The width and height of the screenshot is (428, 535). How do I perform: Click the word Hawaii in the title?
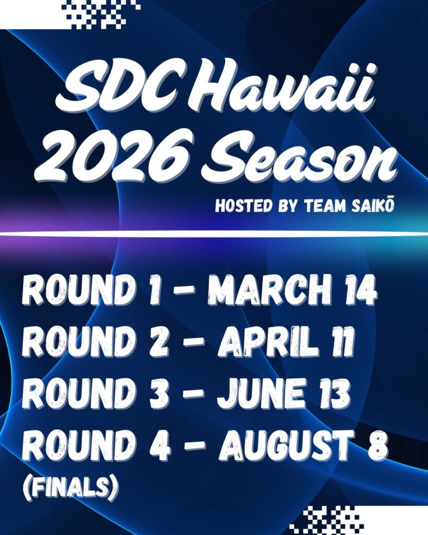[x=284, y=90]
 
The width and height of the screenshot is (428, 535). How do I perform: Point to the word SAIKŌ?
[x=373, y=206]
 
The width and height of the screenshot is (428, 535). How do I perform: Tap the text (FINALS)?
[x=71, y=487]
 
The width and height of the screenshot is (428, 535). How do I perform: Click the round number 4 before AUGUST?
[x=160, y=445]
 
